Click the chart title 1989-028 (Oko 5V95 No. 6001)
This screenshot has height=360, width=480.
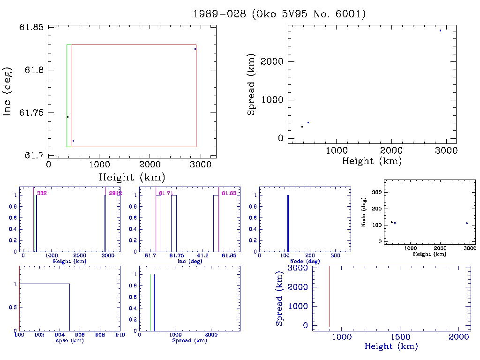pos(279,14)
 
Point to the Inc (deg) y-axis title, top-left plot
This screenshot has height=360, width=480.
pos(7,92)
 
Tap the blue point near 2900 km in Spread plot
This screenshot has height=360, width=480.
pos(440,30)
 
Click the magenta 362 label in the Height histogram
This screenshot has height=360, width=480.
pos(42,193)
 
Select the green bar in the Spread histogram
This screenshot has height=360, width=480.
pos(150,302)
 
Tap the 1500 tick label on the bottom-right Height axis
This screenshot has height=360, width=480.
pos(401,337)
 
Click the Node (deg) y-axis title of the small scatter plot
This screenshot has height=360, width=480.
pos(364,215)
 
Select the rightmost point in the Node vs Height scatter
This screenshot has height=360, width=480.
pos(467,223)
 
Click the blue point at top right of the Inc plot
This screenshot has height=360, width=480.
pos(195,49)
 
